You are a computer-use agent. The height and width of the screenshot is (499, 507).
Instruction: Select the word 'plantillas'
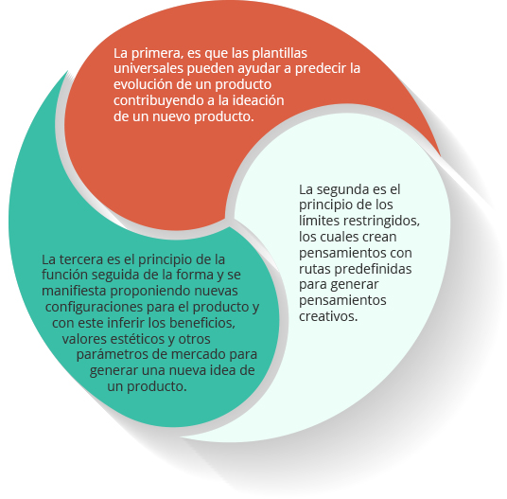pyautogui.click(x=279, y=53)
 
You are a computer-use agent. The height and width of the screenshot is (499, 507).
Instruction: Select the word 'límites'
pyautogui.click(x=319, y=221)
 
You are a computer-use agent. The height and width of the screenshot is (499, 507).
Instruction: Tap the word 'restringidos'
pyautogui.click(x=381, y=221)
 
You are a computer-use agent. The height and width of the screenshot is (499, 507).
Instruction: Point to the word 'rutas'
pyautogui.click(x=315, y=269)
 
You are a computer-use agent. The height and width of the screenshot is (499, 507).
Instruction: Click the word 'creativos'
pyautogui.click(x=328, y=316)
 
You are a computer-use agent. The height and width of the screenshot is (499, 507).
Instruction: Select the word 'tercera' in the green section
pyautogui.click(x=80, y=259)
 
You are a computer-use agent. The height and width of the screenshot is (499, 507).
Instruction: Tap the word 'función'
pyautogui.click(x=64, y=275)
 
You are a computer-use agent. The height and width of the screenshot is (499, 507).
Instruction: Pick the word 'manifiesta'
pyautogui.click(x=74, y=291)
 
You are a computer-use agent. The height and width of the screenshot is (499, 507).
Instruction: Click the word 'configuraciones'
pyautogui.click(x=94, y=307)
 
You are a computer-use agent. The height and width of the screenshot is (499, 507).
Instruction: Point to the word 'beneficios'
pyautogui.click(x=202, y=323)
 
